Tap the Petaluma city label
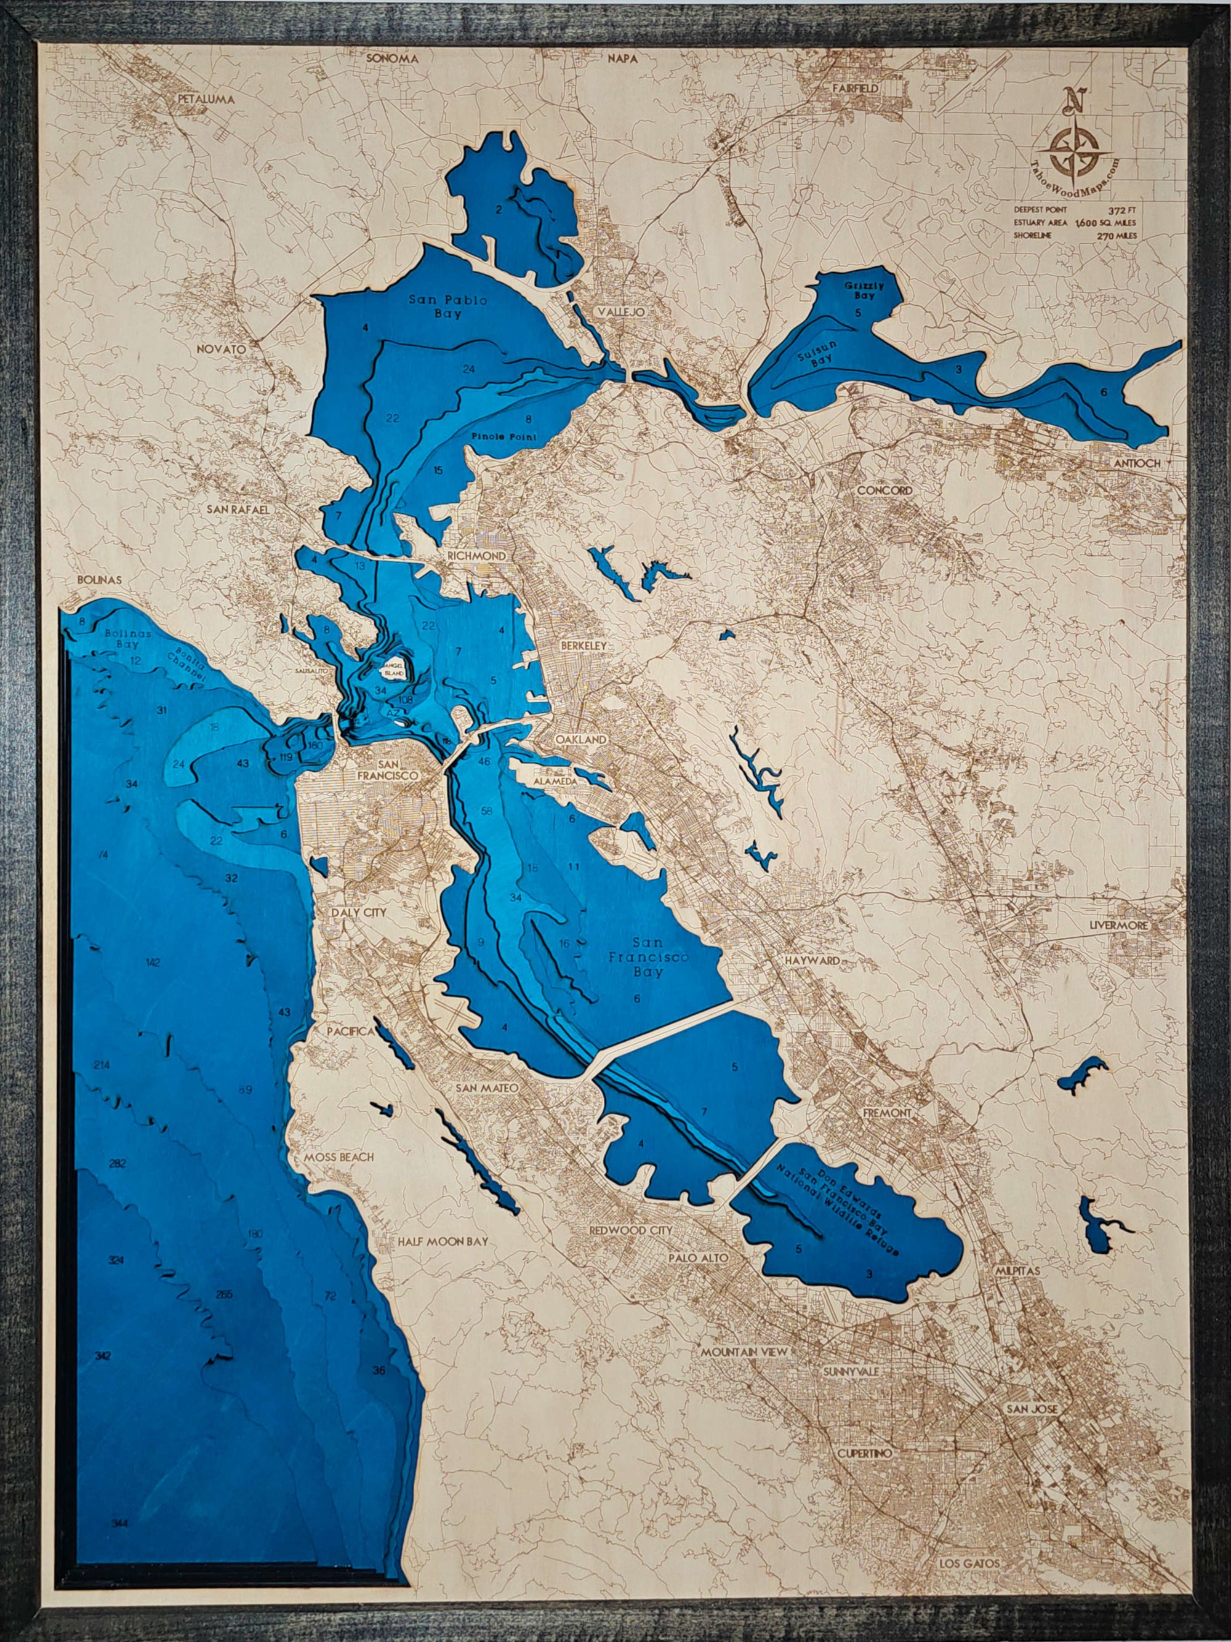click(x=206, y=98)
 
